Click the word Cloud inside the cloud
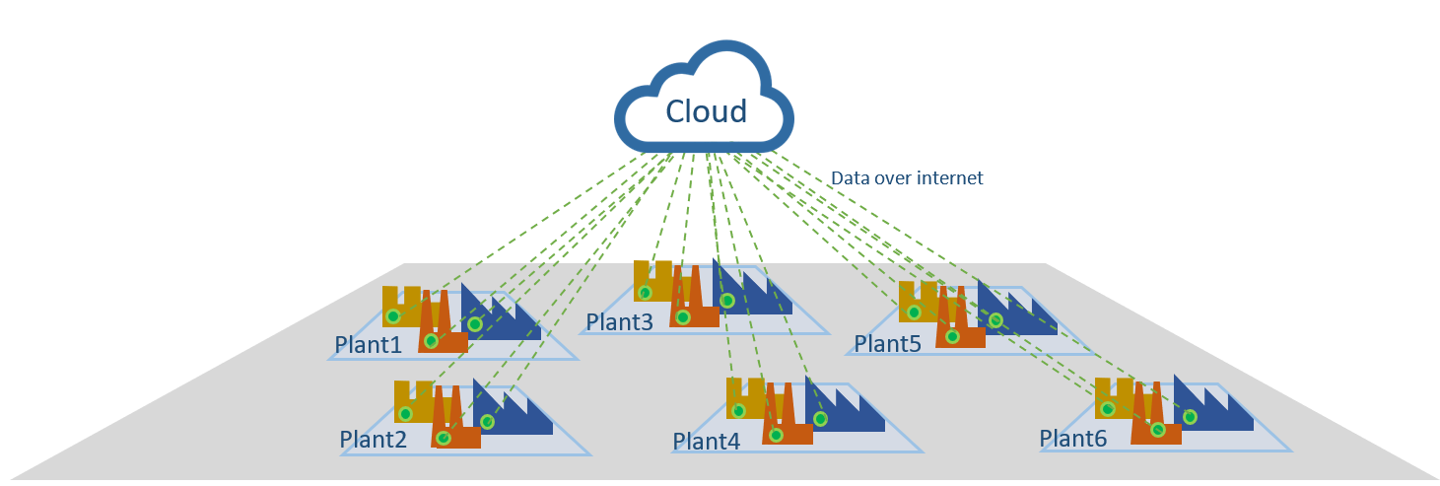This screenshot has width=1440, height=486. click(x=706, y=110)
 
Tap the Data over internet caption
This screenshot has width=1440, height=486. click(x=907, y=178)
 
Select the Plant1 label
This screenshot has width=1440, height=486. click(x=369, y=345)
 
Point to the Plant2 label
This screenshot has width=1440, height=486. click(x=373, y=440)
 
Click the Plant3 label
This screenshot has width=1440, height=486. click(x=619, y=322)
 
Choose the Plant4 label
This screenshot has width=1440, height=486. click(x=707, y=441)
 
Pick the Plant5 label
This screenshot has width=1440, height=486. click(x=887, y=344)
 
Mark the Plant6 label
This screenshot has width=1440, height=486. click(x=1073, y=437)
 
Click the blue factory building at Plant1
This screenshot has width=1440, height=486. click(x=503, y=317)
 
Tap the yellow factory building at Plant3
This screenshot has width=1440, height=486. click(x=651, y=281)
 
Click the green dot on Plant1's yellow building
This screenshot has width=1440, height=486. click(x=393, y=316)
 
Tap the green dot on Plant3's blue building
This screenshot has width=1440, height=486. click(x=727, y=301)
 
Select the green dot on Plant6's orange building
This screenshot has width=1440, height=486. click(x=1158, y=430)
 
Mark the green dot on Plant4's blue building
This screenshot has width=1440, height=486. click(x=820, y=418)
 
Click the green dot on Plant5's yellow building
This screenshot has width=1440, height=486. click(x=914, y=312)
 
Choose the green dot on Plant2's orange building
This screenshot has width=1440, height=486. click(x=444, y=438)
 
